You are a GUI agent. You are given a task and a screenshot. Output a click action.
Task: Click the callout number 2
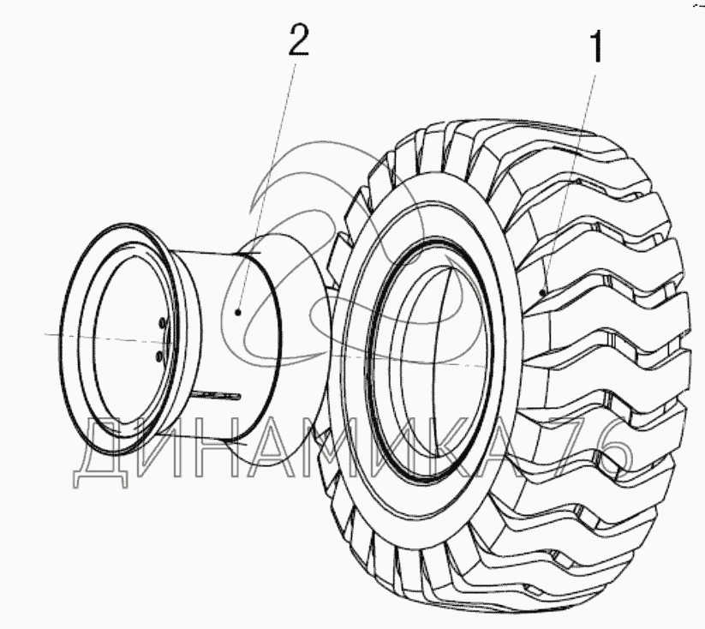point(296,41)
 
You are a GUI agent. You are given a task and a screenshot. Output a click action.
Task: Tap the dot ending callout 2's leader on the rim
point(238,313)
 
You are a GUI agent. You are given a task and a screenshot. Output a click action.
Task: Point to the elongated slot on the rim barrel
point(218,394)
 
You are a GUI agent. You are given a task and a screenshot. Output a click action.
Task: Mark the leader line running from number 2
point(268,180)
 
